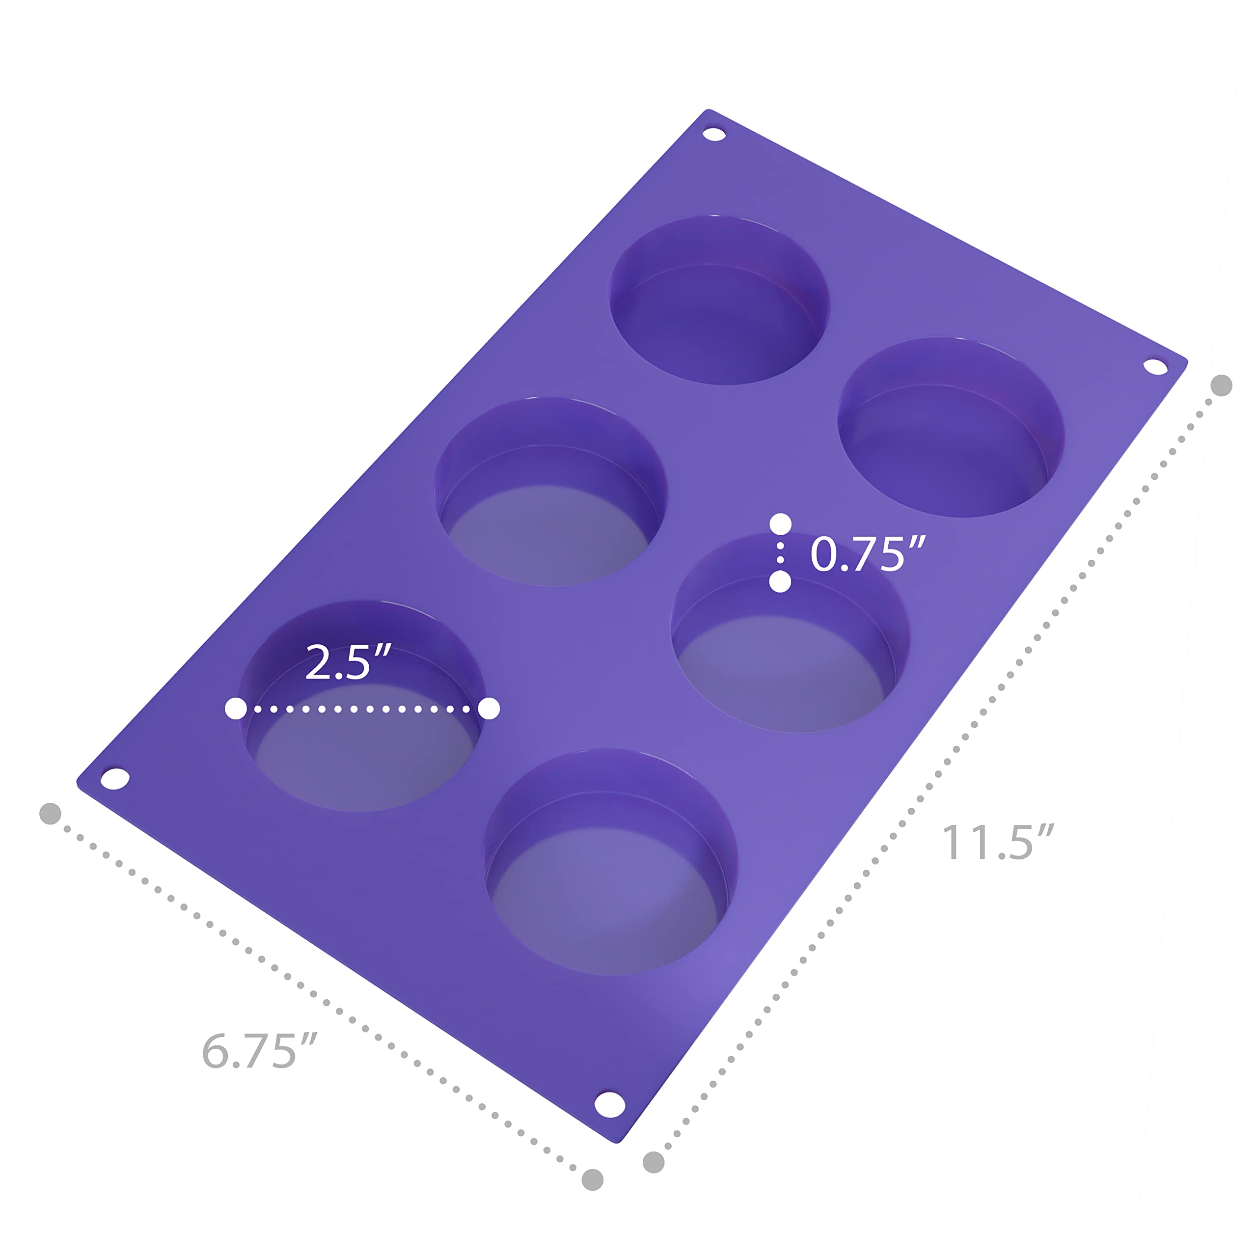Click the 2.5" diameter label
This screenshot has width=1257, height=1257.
coord(348,662)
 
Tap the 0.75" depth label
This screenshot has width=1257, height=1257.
coord(867,554)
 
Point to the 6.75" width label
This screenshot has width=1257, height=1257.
coord(259,1051)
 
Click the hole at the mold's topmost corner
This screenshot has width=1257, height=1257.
coord(714,134)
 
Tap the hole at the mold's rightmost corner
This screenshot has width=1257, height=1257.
coord(1155,366)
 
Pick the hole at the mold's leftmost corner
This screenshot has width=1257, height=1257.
coord(115,779)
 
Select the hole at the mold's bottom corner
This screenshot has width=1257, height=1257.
coord(610,1104)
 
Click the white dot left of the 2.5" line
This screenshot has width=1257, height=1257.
coord(236,709)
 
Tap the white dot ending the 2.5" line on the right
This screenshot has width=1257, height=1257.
coord(489,709)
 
